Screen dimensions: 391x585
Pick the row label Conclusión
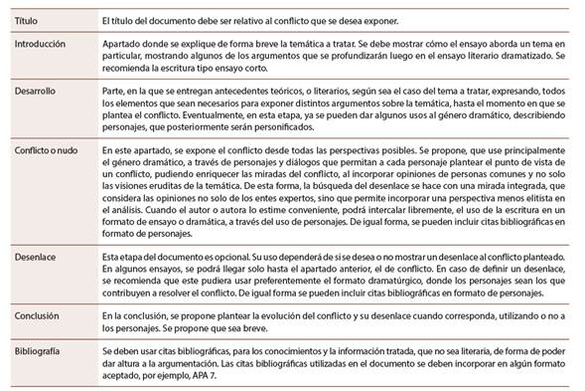[37, 314]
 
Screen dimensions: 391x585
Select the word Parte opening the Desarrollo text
[114, 91]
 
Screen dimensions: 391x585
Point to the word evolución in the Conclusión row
[241, 314]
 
